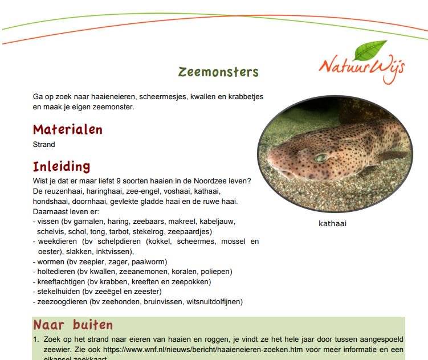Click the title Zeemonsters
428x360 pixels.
click(x=218, y=72)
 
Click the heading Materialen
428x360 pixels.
click(x=68, y=129)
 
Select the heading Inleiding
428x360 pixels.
click(x=62, y=167)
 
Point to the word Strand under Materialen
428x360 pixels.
click(x=44, y=145)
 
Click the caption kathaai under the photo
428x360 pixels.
click(x=332, y=223)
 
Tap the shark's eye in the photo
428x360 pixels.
click(x=321, y=157)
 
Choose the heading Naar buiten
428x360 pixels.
click(x=73, y=325)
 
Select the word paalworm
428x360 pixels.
click(x=150, y=262)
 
